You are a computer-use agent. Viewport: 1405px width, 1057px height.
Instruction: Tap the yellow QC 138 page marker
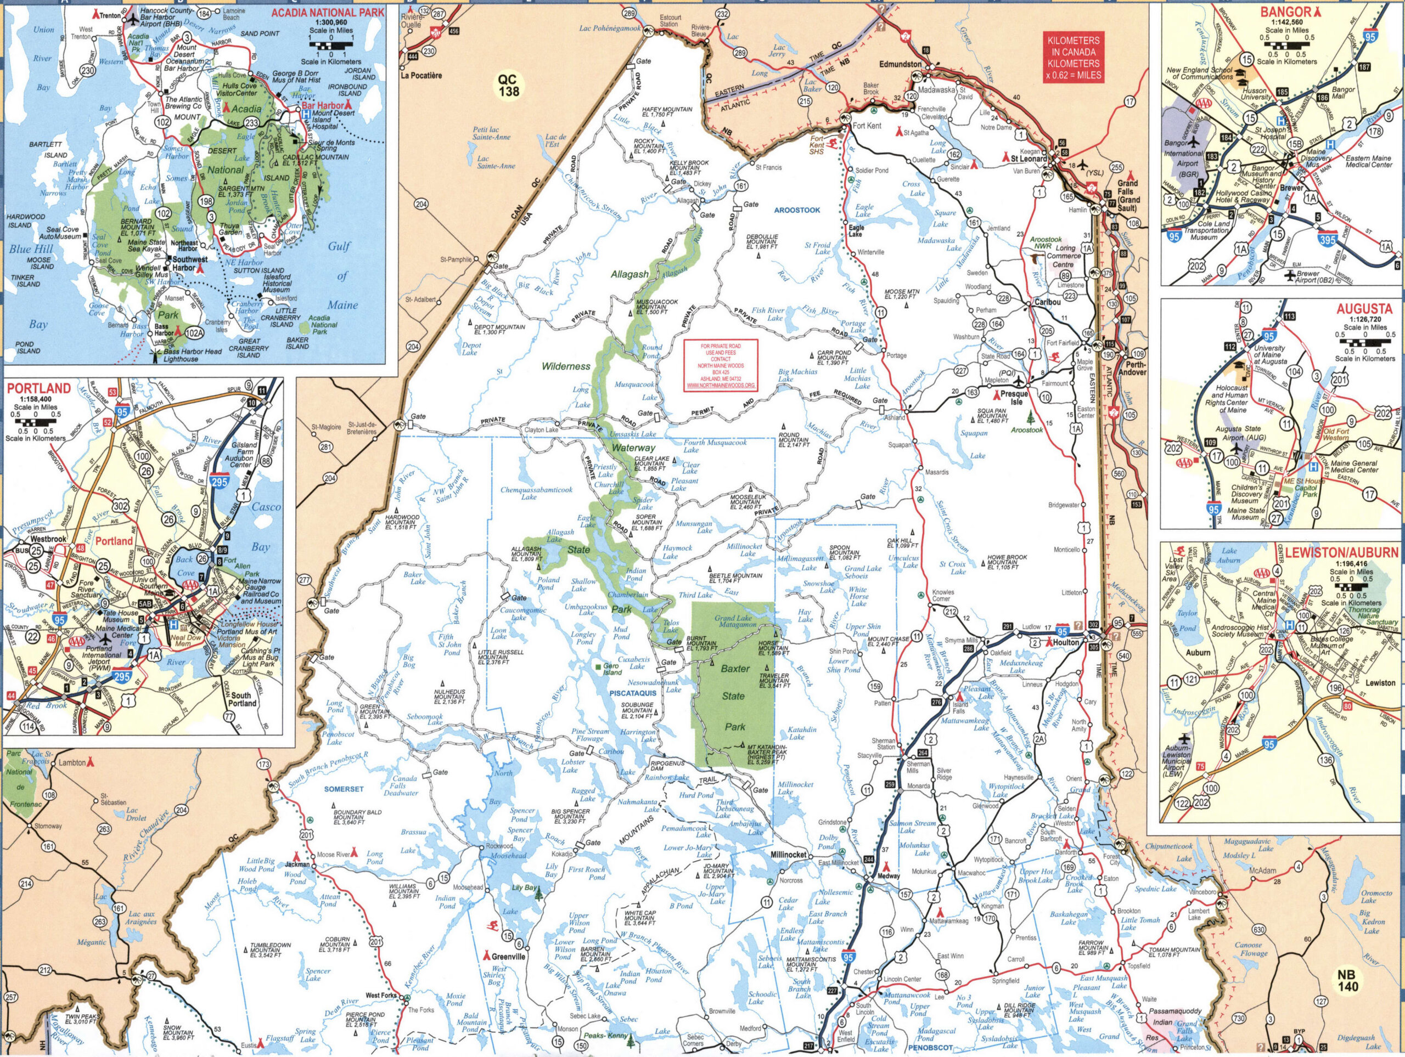[508, 85]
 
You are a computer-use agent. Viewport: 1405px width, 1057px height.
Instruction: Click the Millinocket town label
[788, 855]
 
